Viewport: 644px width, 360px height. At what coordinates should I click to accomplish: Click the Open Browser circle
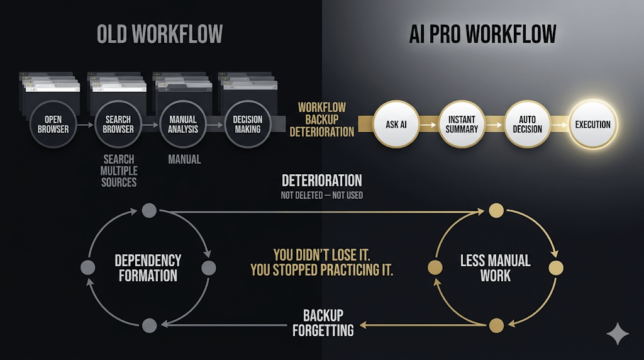point(53,125)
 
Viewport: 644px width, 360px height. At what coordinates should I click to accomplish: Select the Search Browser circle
point(118,125)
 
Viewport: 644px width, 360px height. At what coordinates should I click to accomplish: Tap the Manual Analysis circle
point(183,125)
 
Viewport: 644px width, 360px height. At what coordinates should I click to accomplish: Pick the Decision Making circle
point(248,125)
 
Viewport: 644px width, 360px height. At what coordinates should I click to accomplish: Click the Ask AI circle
point(396,125)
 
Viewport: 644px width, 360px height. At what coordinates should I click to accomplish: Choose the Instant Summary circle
point(463,125)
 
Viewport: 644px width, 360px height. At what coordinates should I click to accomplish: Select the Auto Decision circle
point(527,125)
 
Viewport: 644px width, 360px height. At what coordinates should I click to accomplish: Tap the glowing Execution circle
point(592,125)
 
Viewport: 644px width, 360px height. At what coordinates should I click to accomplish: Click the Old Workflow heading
point(160,35)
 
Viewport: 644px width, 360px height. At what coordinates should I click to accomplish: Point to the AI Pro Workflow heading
point(483,35)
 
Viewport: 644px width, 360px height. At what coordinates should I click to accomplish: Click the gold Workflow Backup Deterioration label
point(321,120)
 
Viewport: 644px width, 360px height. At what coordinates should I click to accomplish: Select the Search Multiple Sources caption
point(119,171)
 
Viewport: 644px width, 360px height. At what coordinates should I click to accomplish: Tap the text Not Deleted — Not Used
point(321,196)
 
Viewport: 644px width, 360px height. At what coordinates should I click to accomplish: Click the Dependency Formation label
point(148,268)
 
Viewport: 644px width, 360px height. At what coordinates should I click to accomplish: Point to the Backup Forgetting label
point(323,322)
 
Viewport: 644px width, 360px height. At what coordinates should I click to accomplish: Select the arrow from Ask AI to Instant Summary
point(429,125)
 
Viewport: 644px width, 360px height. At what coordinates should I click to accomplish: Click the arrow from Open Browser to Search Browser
point(86,125)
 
